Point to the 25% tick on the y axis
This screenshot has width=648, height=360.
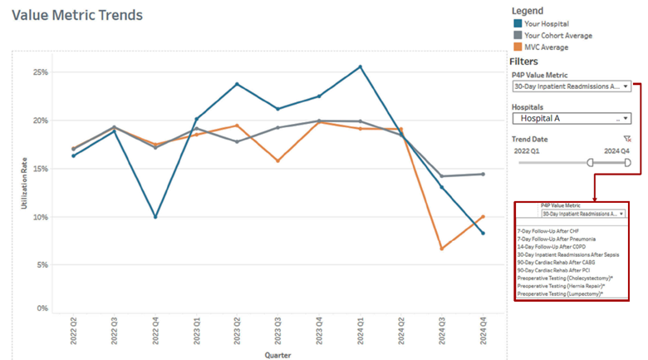[x=40, y=72]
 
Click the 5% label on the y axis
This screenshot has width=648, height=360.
[x=42, y=265]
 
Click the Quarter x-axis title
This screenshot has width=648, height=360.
[x=277, y=355]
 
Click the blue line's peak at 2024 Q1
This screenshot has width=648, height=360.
[x=360, y=67]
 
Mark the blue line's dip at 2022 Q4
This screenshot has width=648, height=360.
[x=155, y=217]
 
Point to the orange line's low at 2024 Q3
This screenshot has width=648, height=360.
[x=442, y=249]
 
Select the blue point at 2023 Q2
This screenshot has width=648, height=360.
[x=237, y=84]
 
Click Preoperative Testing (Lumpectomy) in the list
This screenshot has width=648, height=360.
[x=560, y=293]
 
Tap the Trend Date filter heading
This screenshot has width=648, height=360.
[x=533, y=139]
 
